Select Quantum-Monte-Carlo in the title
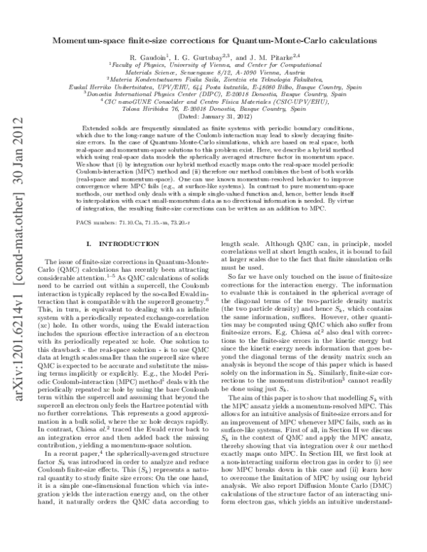click(290, 41)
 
